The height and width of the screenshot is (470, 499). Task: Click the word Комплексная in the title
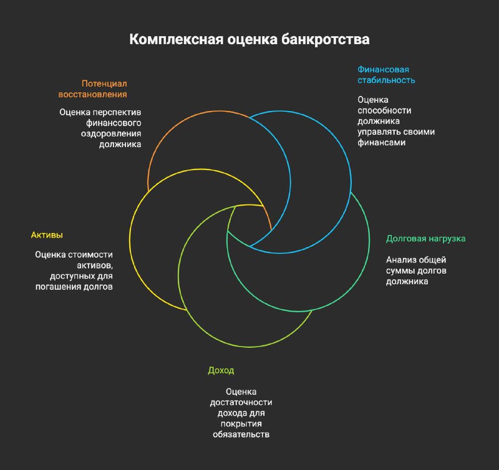[x=177, y=39]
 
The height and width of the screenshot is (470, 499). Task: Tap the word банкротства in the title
[x=325, y=39]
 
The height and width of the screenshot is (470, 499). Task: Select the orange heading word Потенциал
[x=104, y=84]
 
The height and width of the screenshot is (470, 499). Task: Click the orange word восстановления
[x=92, y=95]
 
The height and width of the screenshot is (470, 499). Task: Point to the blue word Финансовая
[x=383, y=70]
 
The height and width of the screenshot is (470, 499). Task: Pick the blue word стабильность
[x=386, y=80]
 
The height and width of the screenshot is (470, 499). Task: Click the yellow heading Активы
[x=47, y=235]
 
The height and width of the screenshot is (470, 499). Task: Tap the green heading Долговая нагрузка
[x=426, y=239]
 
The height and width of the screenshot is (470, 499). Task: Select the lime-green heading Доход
[x=221, y=370]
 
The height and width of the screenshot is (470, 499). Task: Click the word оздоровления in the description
[x=111, y=134]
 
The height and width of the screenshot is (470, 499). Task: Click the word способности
[x=384, y=111]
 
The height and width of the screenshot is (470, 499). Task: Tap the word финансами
[x=381, y=143]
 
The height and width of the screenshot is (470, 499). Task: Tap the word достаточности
[x=241, y=403]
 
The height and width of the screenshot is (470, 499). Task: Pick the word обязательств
[x=241, y=434]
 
